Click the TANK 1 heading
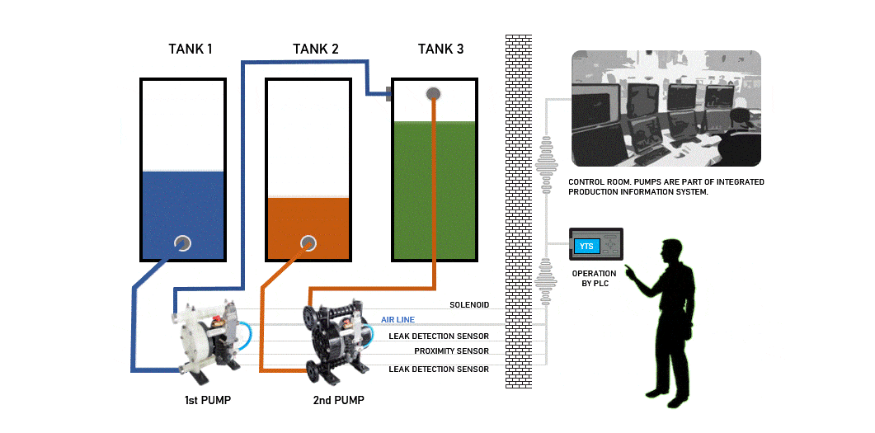click(191, 49)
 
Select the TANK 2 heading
click(315, 49)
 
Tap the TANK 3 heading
click(441, 49)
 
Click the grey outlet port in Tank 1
click(182, 243)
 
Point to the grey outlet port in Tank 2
click(308, 242)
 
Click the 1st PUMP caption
click(208, 400)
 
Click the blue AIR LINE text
click(398, 320)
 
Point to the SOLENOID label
click(469, 305)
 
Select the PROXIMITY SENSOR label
click(451, 351)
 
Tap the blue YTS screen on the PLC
click(586, 246)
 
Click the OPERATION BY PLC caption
click(595, 278)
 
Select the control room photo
click(666, 108)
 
